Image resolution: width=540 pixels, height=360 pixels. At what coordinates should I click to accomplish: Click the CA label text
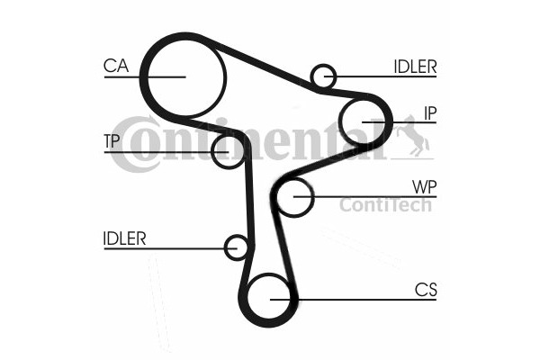coord(116,65)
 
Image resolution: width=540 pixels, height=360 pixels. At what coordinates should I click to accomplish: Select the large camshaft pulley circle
coord(184,77)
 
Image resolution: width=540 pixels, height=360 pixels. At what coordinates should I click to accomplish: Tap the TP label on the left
coord(112,140)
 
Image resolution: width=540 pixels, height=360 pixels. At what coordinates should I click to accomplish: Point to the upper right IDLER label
coord(415,66)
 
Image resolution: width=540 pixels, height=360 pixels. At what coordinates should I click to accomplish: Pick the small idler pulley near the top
coord(323,76)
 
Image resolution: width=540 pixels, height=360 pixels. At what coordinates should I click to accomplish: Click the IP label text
coord(430,112)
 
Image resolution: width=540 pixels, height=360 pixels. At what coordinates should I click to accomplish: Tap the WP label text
coord(424,186)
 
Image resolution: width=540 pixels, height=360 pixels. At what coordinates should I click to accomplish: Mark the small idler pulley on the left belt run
coord(237,247)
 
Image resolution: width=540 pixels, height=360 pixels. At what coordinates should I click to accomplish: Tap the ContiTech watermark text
coord(385,206)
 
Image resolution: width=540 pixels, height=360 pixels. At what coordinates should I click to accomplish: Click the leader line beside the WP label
coord(378,196)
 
